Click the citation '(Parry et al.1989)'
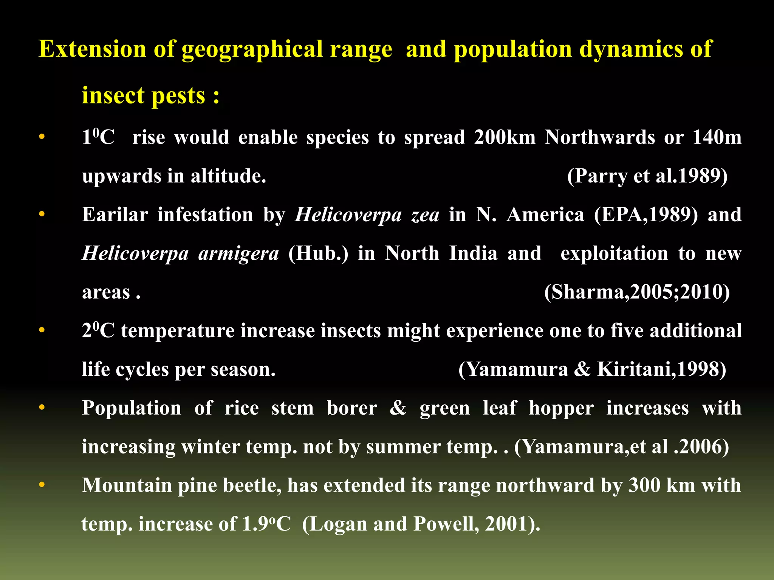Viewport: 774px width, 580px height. point(647,176)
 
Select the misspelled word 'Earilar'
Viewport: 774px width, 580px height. point(115,215)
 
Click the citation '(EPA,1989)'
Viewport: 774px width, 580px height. point(646,215)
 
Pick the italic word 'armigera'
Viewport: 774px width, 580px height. point(238,254)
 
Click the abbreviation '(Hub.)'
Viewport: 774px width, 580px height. point(318,254)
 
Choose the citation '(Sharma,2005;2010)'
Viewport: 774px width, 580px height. point(637,292)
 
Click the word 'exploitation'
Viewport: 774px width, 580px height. point(614,253)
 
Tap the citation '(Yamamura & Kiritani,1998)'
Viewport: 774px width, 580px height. point(592,369)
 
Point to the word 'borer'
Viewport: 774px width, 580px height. point(351,409)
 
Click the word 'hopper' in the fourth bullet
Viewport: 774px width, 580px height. point(561,409)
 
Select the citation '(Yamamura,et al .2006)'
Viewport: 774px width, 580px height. point(621,447)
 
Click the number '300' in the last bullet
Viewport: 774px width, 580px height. point(642,485)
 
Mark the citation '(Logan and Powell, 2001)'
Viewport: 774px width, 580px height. point(420,524)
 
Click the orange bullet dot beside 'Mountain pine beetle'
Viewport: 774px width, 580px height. point(42,484)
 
